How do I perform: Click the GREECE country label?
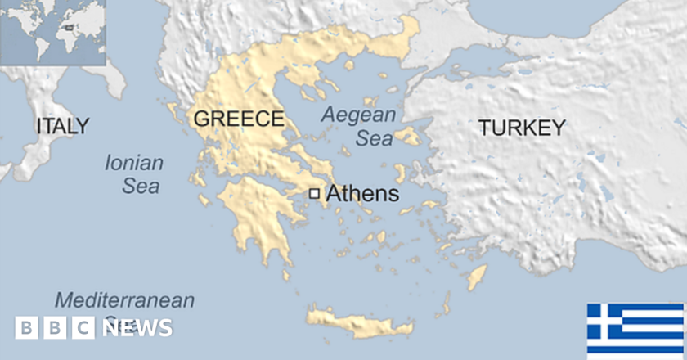pyautogui.click(x=238, y=119)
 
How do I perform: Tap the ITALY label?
pyautogui.click(x=63, y=126)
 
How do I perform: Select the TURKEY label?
pyautogui.click(x=522, y=128)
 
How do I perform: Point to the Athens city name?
pyautogui.click(x=362, y=195)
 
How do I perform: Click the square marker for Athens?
pyautogui.click(x=314, y=194)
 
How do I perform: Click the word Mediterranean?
pyautogui.click(x=125, y=299)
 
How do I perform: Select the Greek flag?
pyautogui.click(x=635, y=331)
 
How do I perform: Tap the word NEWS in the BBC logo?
pyautogui.click(x=137, y=328)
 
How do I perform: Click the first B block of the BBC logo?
pyautogui.click(x=26, y=328)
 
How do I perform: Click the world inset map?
pyautogui.click(x=52, y=33)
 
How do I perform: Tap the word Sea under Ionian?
pyautogui.click(x=141, y=187)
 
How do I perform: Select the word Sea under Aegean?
pyautogui.click(x=375, y=139)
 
